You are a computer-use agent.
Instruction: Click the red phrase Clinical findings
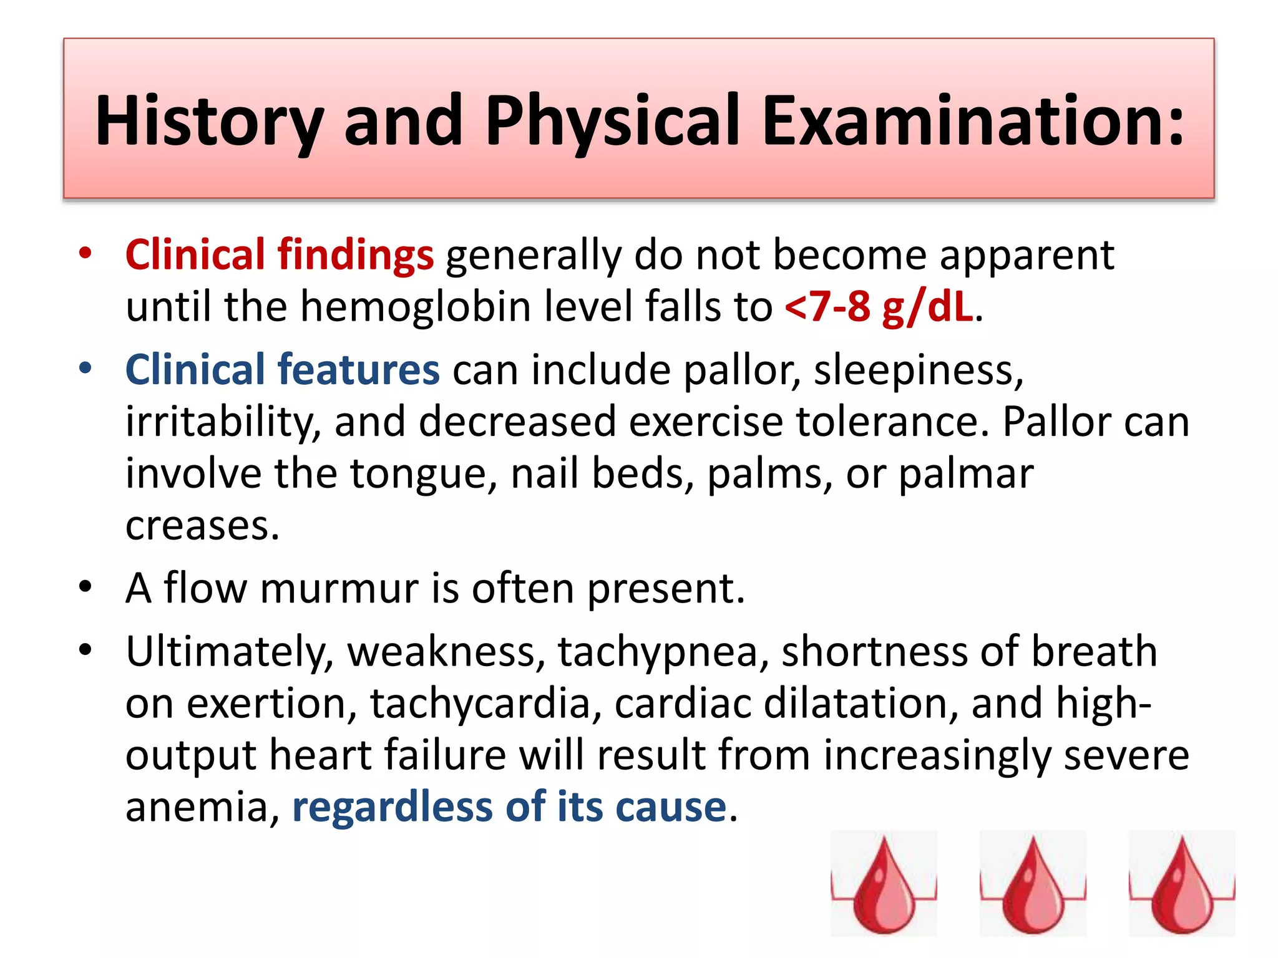click(279, 255)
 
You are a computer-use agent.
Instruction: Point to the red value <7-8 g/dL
click(879, 307)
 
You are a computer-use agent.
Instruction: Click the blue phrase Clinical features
click(282, 369)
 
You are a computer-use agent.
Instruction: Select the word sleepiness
click(918, 370)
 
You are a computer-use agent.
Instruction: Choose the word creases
click(202, 525)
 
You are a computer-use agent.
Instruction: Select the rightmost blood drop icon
click(1181, 884)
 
